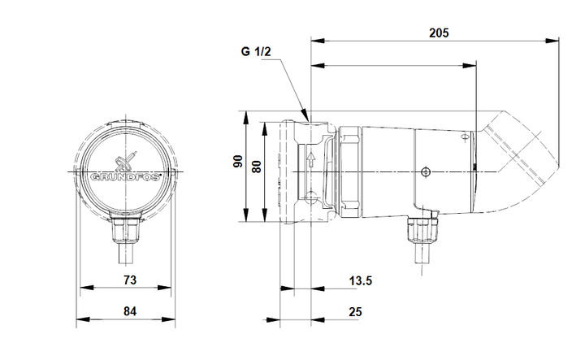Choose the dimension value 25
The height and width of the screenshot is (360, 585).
354,311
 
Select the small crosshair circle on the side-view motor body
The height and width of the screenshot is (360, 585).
425,172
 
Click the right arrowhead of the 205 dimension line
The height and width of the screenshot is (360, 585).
557,39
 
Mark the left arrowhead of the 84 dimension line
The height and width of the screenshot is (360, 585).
80,318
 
